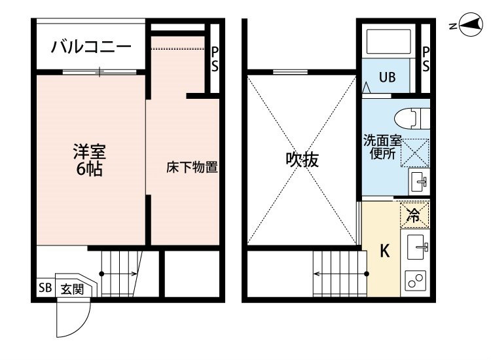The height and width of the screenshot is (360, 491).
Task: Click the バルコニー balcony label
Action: click(91, 47)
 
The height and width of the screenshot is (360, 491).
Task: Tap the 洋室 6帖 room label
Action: click(90, 160)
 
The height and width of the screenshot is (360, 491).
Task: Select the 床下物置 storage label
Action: click(192, 168)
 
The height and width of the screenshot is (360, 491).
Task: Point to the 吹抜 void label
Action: click(302, 160)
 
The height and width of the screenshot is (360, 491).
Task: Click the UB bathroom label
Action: click(388, 77)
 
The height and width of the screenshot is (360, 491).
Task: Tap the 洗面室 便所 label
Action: click(382, 147)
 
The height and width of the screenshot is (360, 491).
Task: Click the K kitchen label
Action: click(385, 251)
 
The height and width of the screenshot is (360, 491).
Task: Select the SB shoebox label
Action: click(45, 288)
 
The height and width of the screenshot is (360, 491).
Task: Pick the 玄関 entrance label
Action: click(72, 289)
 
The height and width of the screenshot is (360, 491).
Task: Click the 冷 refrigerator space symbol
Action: click(414, 215)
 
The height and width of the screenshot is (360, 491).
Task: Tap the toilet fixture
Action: click(412, 118)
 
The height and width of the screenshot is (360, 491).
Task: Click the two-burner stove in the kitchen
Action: click(416, 280)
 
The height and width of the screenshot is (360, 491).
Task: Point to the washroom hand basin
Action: click(419, 182)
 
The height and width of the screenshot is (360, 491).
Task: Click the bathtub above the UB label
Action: click(388, 42)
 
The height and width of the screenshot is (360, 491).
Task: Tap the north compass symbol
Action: click(469, 25)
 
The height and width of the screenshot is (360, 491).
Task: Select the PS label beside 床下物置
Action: click(215, 60)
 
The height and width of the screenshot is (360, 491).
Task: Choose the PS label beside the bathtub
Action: click(426, 60)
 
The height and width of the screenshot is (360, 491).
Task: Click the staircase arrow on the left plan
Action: click(119, 274)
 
